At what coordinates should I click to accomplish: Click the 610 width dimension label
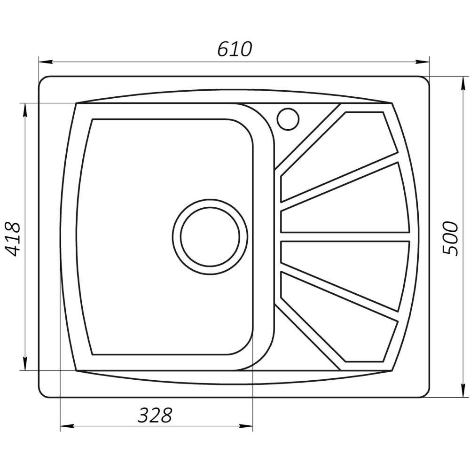[x=235, y=49]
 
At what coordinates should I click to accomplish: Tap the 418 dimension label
[x=14, y=238]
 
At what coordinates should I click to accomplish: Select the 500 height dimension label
[x=450, y=237]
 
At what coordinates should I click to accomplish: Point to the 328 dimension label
[x=156, y=415]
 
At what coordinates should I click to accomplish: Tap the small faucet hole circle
[x=287, y=118]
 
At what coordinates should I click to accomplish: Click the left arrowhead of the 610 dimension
[x=44, y=62]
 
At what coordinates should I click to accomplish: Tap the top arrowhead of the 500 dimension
[x=462, y=82]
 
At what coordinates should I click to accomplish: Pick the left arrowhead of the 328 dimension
[x=67, y=427]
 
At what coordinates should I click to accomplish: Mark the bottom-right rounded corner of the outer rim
[x=424, y=392]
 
